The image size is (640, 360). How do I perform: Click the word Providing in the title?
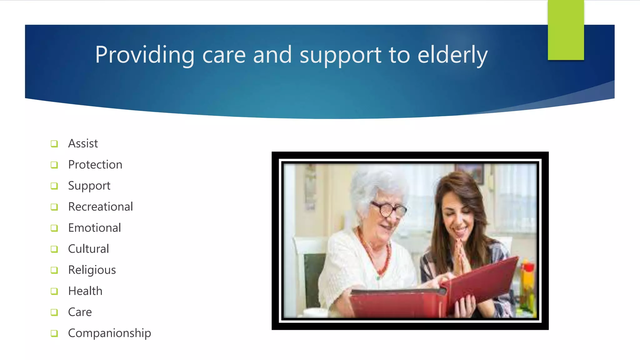click(145, 55)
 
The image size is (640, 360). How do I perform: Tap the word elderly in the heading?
click(452, 55)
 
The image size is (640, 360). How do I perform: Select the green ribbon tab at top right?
click(566, 30)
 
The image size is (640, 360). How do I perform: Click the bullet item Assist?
click(83, 143)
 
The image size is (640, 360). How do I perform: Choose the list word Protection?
click(95, 165)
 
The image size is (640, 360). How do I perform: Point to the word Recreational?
click(100, 207)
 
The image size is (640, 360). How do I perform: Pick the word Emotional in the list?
click(94, 228)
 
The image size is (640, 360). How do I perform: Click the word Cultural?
click(88, 249)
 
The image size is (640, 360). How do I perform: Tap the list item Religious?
click(92, 270)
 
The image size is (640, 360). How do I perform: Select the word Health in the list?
click(85, 291)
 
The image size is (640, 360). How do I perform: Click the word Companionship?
click(109, 333)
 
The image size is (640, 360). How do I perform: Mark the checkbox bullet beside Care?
click(54, 312)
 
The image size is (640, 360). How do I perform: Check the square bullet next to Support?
click(54, 186)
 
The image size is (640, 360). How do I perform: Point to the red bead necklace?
click(375, 256)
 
